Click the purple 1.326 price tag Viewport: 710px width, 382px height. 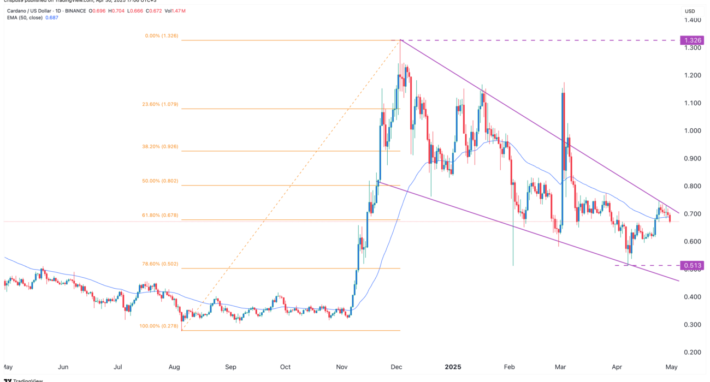690,40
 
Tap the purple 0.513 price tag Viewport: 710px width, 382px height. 690,266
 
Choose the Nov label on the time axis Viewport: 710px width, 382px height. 342,367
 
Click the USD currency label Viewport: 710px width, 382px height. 690,11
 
